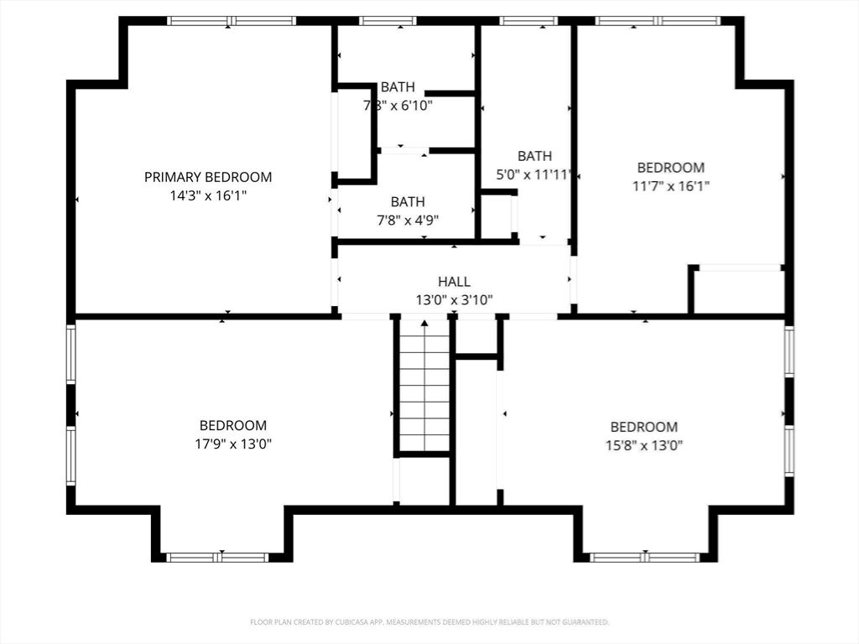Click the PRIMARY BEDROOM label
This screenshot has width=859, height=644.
pyautogui.click(x=208, y=177)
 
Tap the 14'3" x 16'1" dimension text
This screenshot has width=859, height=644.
pyautogui.click(x=208, y=195)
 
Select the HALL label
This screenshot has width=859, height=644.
pyautogui.click(x=454, y=282)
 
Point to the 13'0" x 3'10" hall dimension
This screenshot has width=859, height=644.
pyautogui.click(x=454, y=299)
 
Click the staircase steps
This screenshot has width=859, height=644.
pyautogui.click(x=424, y=394)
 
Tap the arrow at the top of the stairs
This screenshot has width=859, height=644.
pyautogui.click(x=424, y=323)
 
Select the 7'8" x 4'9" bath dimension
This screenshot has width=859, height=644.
pyautogui.click(x=407, y=220)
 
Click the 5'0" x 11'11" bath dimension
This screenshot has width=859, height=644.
pyautogui.click(x=534, y=174)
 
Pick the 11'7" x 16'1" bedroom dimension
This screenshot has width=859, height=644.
pyautogui.click(x=670, y=186)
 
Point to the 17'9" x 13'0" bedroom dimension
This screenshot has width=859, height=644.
pyautogui.click(x=233, y=444)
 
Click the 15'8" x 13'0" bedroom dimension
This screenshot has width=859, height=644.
pyautogui.click(x=644, y=445)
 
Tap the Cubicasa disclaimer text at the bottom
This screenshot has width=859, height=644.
pyautogui.click(x=429, y=622)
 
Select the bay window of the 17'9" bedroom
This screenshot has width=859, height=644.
pyautogui.click(x=217, y=557)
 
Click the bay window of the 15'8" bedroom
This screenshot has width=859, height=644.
pyautogui.click(x=644, y=557)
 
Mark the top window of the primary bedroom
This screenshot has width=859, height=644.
pyautogui.click(x=231, y=21)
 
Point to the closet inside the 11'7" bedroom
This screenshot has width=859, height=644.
pyautogui.click(x=738, y=291)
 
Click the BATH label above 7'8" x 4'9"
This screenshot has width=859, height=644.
pyautogui.click(x=407, y=202)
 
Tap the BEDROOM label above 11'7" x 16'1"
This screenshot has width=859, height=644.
pyautogui.click(x=670, y=168)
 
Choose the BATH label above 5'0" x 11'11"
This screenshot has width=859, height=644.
pyautogui.click(x=534, y=156)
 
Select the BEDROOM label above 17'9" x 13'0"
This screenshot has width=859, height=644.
pyautogui.click(x=233, y=425)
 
